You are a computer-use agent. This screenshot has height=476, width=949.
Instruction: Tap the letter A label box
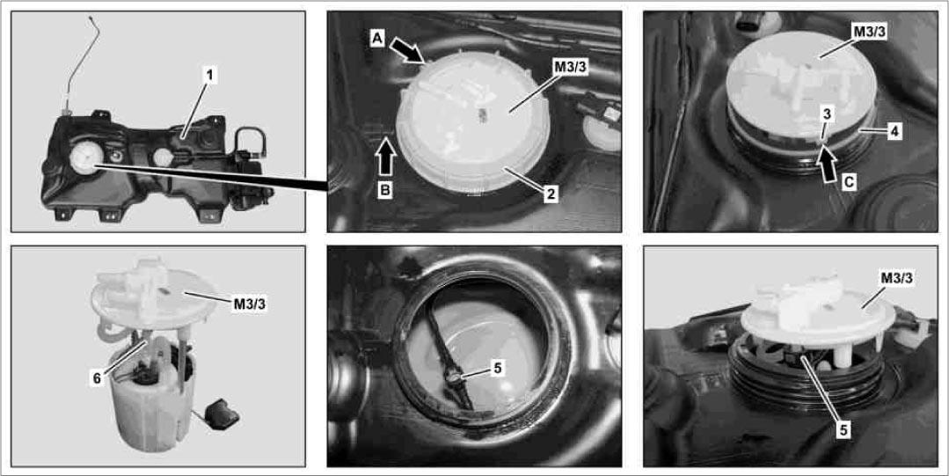coord(376,39)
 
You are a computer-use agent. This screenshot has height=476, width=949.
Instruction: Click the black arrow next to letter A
coord(408,50)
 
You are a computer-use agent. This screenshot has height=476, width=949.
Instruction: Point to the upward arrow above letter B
coord(385,158)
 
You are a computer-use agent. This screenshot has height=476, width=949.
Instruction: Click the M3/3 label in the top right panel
coord(868,32)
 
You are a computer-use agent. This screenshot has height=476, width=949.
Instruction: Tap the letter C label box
coord(849,181)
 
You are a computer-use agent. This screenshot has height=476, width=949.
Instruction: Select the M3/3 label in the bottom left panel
coord(250,304)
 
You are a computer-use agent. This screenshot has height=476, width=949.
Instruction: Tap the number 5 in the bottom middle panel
coord(496,368)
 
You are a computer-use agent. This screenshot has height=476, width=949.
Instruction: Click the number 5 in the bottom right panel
coord(844,429)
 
